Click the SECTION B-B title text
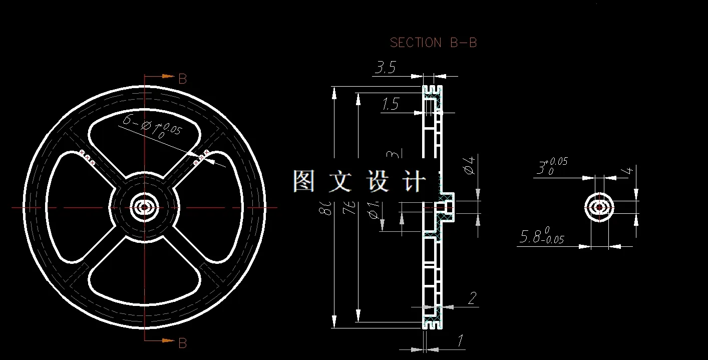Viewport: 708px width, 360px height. [x=433, y=43]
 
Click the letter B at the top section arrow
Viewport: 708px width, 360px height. [x=183, y=79]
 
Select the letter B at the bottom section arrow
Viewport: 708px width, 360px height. [x=183, y=343]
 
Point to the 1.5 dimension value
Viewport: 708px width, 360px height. [x=390, y=104]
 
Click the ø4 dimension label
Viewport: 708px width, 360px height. [x=469, y=165]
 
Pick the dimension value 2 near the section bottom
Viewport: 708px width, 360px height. [x=472, y=299]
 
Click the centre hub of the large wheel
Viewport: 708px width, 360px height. [x=145, y=207]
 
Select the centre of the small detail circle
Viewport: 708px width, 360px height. [x=599, y=207]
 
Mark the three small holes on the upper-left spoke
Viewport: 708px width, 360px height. [x=87, y=158]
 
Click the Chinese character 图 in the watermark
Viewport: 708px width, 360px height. [x=303, y=181]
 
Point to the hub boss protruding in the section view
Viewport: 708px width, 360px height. [x=448, y=207]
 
